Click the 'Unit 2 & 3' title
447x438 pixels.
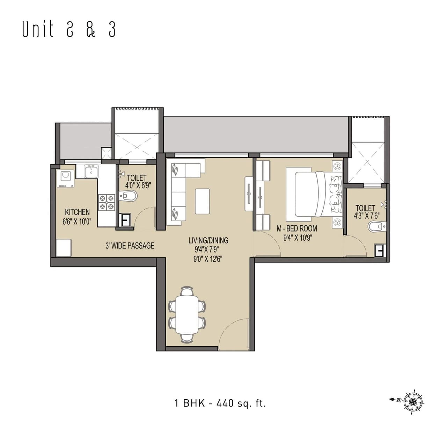point(69,29)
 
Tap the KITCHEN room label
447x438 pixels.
point(77,212)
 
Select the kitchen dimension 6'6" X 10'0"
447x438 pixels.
point(77,221)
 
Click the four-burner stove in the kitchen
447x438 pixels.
point(106,202)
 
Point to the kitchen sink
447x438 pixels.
point(91,171)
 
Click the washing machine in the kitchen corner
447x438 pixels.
point(65,179)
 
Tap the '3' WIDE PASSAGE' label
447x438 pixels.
point(130,246)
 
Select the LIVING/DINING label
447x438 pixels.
point(208,240)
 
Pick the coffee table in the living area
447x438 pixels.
point(202,201)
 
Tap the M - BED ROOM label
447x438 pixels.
point(297,228)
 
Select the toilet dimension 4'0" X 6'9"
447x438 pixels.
point(136,186)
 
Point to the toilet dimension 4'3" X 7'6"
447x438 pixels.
point(366,216)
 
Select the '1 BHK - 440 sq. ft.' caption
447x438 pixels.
point(220,403)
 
